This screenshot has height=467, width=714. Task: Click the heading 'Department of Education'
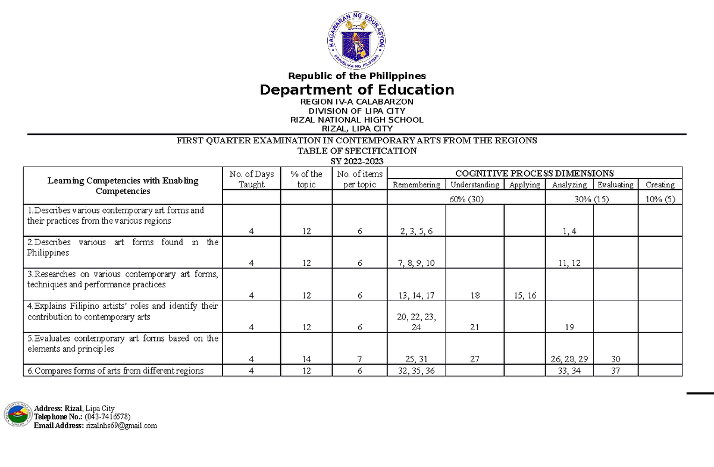tap(357, 90)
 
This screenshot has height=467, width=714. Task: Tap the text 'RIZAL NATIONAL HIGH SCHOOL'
tap(357, 120)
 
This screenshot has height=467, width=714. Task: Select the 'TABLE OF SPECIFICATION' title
tap(357, 151)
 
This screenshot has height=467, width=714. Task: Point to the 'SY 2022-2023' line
tap(357, 161)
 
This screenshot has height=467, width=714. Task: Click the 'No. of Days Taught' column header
tap(252, 179)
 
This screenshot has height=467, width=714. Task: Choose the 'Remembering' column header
tap(416, 185)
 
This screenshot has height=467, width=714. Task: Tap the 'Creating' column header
tap(660, 185)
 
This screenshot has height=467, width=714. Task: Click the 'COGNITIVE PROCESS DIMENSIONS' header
tap(534, 173)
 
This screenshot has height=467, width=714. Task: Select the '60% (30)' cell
tap(466, 199)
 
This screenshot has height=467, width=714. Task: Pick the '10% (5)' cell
tap(660, 199)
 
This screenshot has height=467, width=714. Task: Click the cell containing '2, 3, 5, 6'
tap(416, 231)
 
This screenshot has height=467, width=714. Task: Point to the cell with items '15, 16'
tap(525, 296)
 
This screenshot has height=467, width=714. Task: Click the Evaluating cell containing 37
tap(616, 371)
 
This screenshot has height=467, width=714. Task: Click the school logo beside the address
tap(16, 415)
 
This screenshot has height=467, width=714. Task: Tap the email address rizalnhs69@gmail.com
tap(121, 425)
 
